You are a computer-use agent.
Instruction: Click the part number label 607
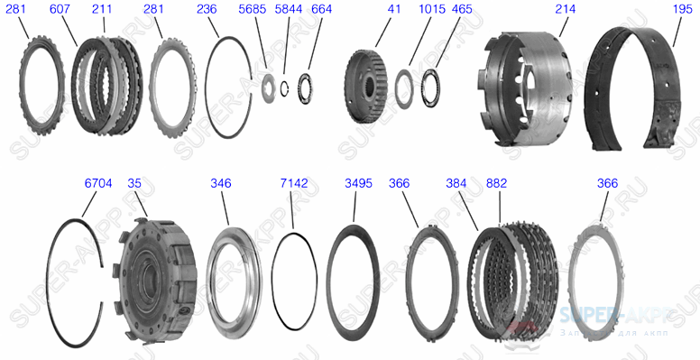[60, 9]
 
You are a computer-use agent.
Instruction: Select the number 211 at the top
[102, 9]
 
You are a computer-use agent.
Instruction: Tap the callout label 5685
[253, 9]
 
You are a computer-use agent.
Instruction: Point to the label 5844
[288, 9]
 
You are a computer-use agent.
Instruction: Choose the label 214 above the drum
[566, 9]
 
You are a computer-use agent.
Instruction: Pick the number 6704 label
[98, 182]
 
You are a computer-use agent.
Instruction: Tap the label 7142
[294, 182]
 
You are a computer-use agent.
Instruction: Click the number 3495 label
[358, 182]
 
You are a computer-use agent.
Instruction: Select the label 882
[496, 182]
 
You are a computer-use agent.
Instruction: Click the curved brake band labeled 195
[636, 90]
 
